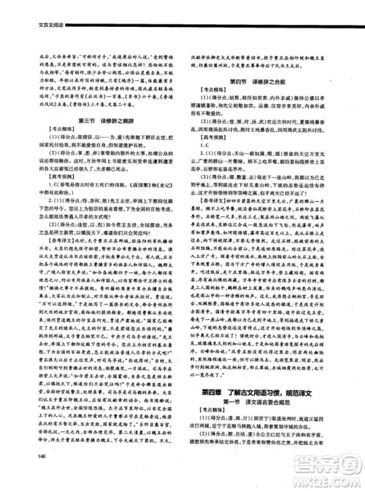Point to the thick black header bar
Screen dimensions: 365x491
[x=182, y=16]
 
